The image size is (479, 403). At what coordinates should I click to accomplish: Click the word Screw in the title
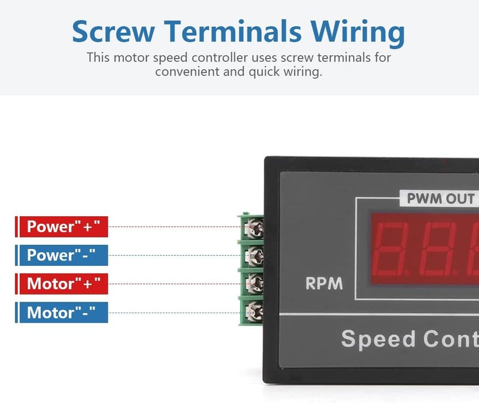coord(113,31)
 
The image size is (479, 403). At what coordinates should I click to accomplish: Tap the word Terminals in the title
coord(233,31)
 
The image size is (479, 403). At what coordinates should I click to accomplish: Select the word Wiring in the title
coord(357,33)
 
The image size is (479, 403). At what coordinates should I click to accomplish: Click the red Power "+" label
coord(62,227)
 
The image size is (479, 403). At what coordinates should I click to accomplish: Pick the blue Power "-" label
coord(62,255)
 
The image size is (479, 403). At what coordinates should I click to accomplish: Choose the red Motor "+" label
coord(62,284)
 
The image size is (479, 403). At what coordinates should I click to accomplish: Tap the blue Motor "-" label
coord(62,312)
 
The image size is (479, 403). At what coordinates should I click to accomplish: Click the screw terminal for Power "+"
coord(254,228)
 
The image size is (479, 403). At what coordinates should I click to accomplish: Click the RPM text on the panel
coord(324,283)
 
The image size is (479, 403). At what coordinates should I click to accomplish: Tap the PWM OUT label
coord(441,199)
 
